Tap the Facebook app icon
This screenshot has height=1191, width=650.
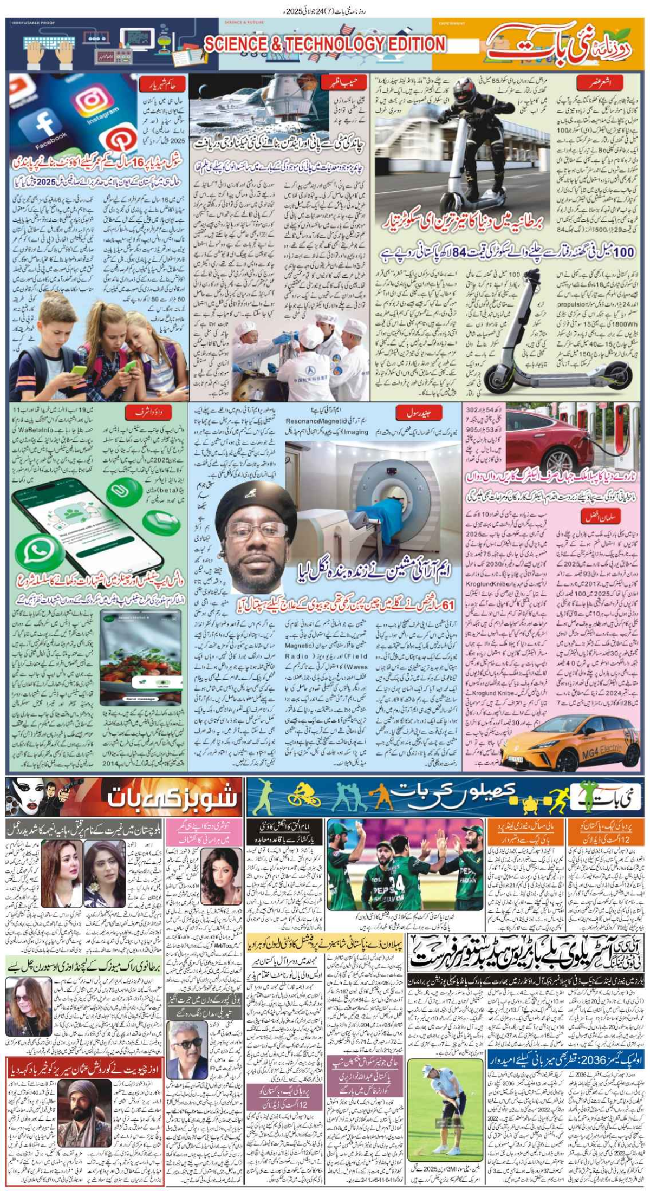coord(43,129)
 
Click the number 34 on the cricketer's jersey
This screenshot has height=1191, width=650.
coord(397,882)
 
